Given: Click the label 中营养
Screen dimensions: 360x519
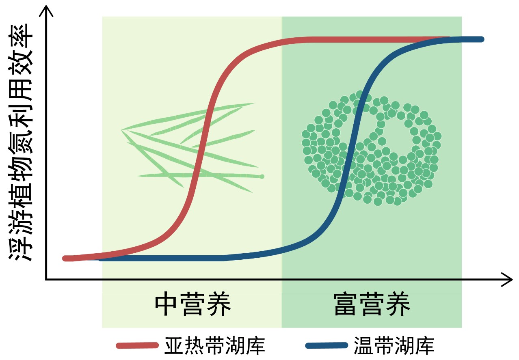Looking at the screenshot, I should point(192,304).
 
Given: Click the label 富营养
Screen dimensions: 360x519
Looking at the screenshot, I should point(371,304).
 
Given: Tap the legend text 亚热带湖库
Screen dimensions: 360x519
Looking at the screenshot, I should point(215,346).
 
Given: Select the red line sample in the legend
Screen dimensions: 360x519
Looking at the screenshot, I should point(137,346).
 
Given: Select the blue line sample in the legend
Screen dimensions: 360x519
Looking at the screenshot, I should point(327,346).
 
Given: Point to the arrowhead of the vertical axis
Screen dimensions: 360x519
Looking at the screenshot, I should point(48,10).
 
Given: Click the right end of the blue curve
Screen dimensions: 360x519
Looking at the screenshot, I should point(482,39).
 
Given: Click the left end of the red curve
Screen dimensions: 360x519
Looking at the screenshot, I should point(65,258).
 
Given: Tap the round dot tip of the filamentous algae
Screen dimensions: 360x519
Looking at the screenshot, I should point(262,177).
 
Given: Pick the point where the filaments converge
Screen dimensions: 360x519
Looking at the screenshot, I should point(122,130).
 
